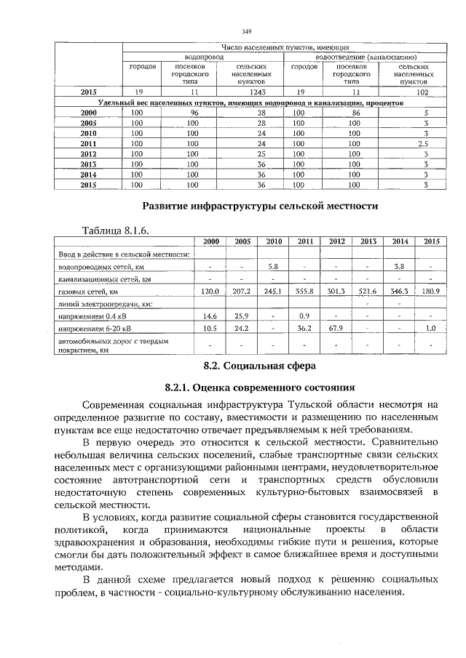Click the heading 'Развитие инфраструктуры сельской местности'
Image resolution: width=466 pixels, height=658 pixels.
[x=259, y=206]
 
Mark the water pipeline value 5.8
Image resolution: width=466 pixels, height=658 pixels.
[x=274, y=267]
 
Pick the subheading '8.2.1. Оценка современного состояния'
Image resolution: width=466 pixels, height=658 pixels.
[x=259, y=387]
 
